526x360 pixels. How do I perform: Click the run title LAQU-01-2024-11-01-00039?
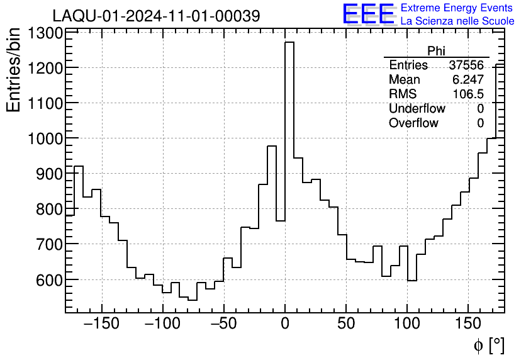[x=156, y=16]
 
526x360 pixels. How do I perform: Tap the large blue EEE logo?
[x=368, y=14]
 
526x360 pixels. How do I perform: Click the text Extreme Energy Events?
[x=457, y=8]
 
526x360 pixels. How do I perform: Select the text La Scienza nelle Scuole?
[x=457, y=21]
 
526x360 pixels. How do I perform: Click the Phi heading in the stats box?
[x=437, y=51]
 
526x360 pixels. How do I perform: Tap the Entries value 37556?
[x=466, y=65]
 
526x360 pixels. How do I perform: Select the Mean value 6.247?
[x=468, y=80]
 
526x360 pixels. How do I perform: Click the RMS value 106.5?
[x=469, y=94]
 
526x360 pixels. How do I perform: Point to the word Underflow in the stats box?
[x=417, y=109]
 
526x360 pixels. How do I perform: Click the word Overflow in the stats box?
[x=413, y=123]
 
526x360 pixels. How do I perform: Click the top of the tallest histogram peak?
[x=289, y=43]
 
